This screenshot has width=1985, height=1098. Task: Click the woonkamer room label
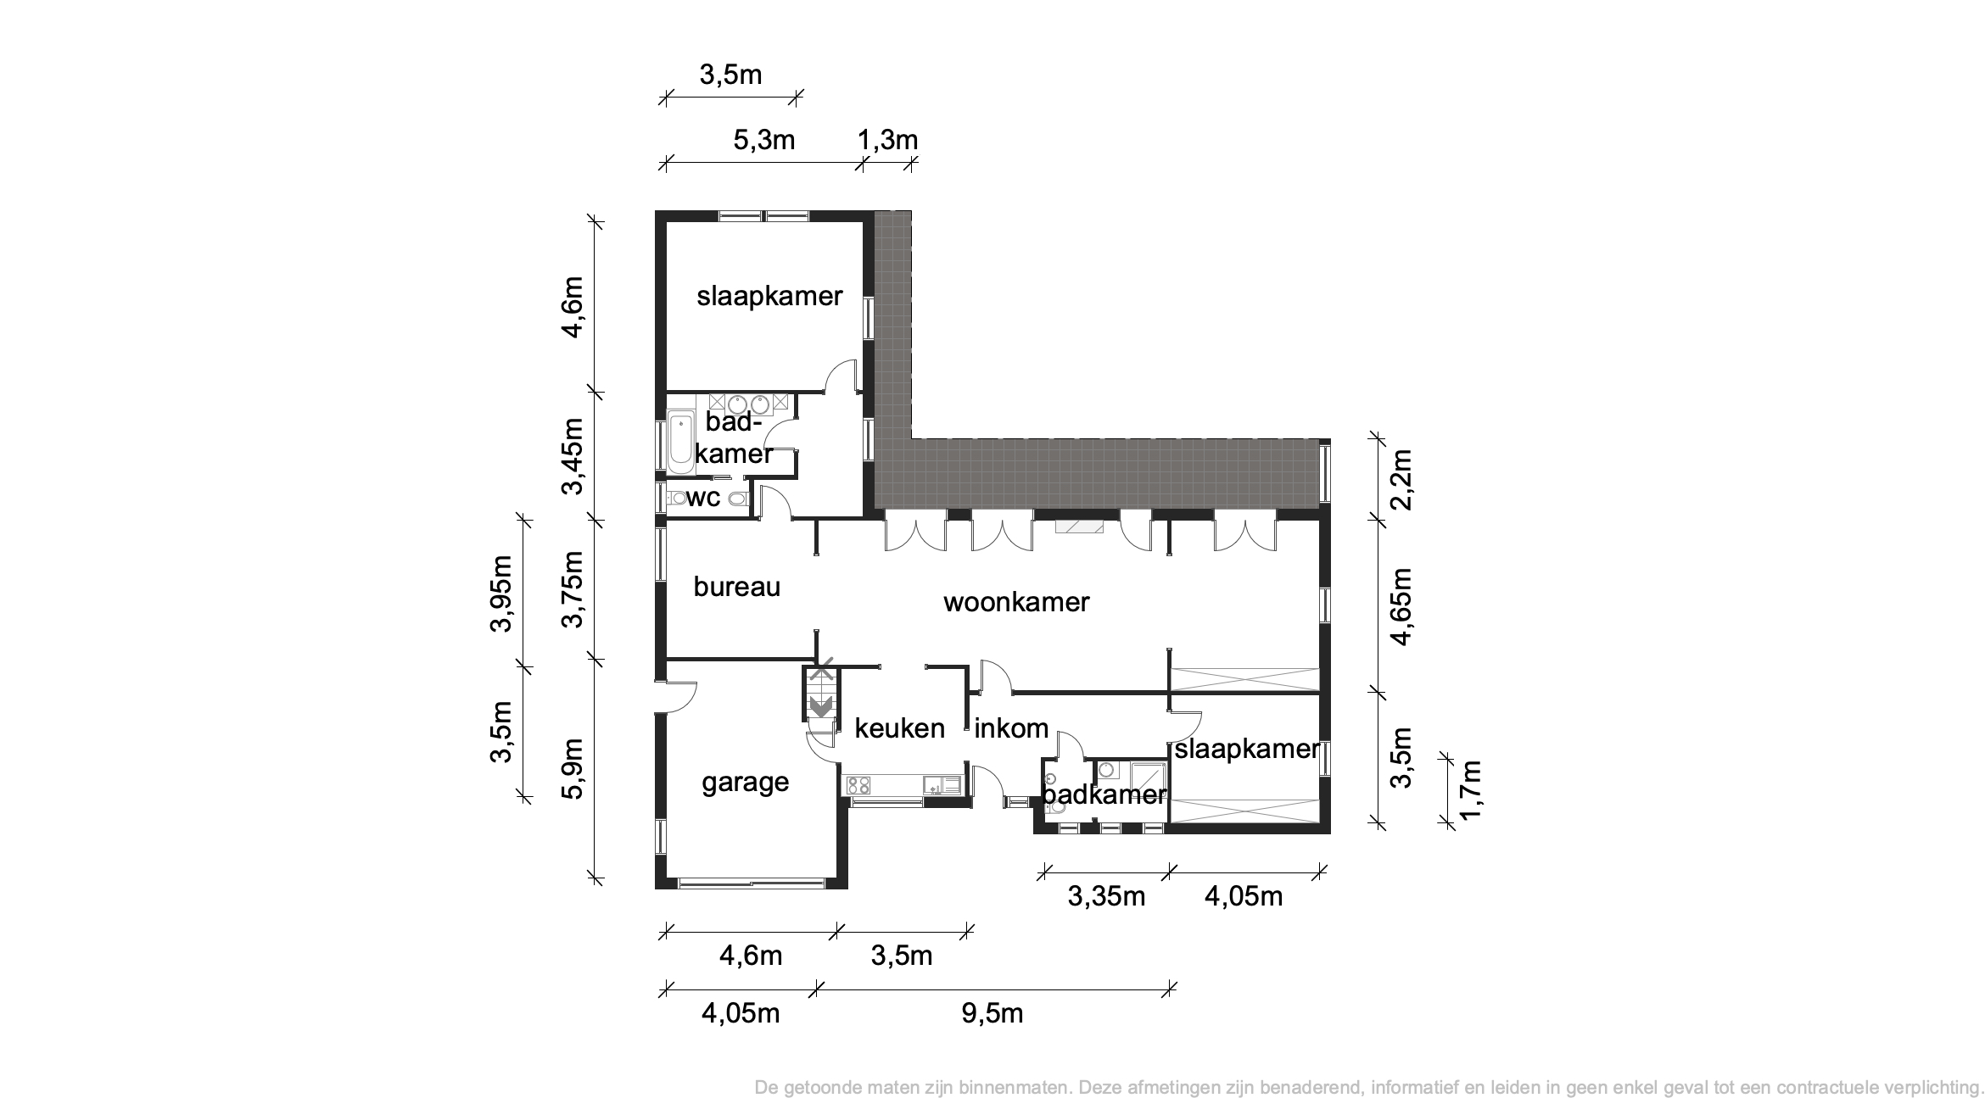click(1016, 602)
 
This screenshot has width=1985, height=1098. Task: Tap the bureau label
click(736, 586)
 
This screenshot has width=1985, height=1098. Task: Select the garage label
click(745, 783)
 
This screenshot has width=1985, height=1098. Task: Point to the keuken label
click(899, 727)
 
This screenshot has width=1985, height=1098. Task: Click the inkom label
click(1011, 727)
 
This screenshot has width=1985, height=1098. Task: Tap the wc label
click(703, 498)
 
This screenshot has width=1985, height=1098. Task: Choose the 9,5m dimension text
click(992, 1012)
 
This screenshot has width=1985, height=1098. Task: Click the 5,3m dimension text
click(763, 139)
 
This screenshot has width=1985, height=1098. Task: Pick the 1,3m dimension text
click(887, 139)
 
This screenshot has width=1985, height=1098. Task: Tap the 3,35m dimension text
click(1106, 895)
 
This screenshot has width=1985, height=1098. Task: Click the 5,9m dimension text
click(573, 768)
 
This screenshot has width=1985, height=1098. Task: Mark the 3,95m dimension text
click(501, 594)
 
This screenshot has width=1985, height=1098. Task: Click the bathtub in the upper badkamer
click(680, 442)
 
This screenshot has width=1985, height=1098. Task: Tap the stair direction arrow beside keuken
click(820, 705)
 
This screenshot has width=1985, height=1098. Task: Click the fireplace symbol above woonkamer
click(1080, 527)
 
